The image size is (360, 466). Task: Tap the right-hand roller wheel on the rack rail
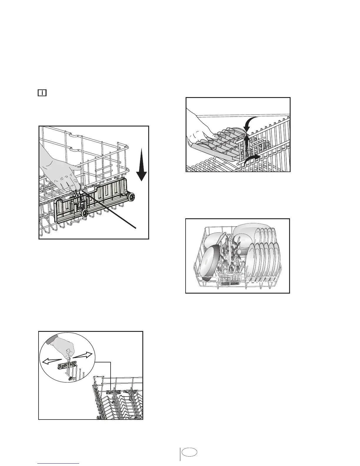point(132,197)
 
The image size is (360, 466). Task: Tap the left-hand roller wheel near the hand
point(85,213)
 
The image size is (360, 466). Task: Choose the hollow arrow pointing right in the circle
point(84,355)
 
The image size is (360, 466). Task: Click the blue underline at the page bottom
point(59,463)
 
